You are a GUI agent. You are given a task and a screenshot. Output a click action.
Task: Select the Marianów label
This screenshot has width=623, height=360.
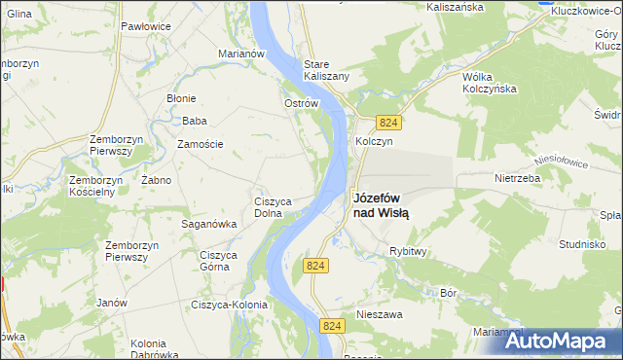pos(242,54)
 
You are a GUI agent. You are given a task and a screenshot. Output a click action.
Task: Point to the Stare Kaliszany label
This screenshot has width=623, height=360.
pos(326,69)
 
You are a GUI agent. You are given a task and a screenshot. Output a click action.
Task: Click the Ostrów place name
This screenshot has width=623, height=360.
pos(301,103)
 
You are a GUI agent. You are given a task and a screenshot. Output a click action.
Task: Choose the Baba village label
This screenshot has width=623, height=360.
pos(195,122)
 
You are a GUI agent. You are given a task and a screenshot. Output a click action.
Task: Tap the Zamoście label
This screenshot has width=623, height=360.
pos(200,144)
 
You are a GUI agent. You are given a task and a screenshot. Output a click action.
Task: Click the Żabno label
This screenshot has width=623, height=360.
pos(156,180)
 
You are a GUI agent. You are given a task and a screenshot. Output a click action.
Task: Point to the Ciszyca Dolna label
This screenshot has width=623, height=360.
pos(275,207)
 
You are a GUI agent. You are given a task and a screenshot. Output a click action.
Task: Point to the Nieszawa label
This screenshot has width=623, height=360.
pos(380,314)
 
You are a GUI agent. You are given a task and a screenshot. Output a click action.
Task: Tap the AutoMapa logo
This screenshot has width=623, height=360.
pos(558,341)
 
